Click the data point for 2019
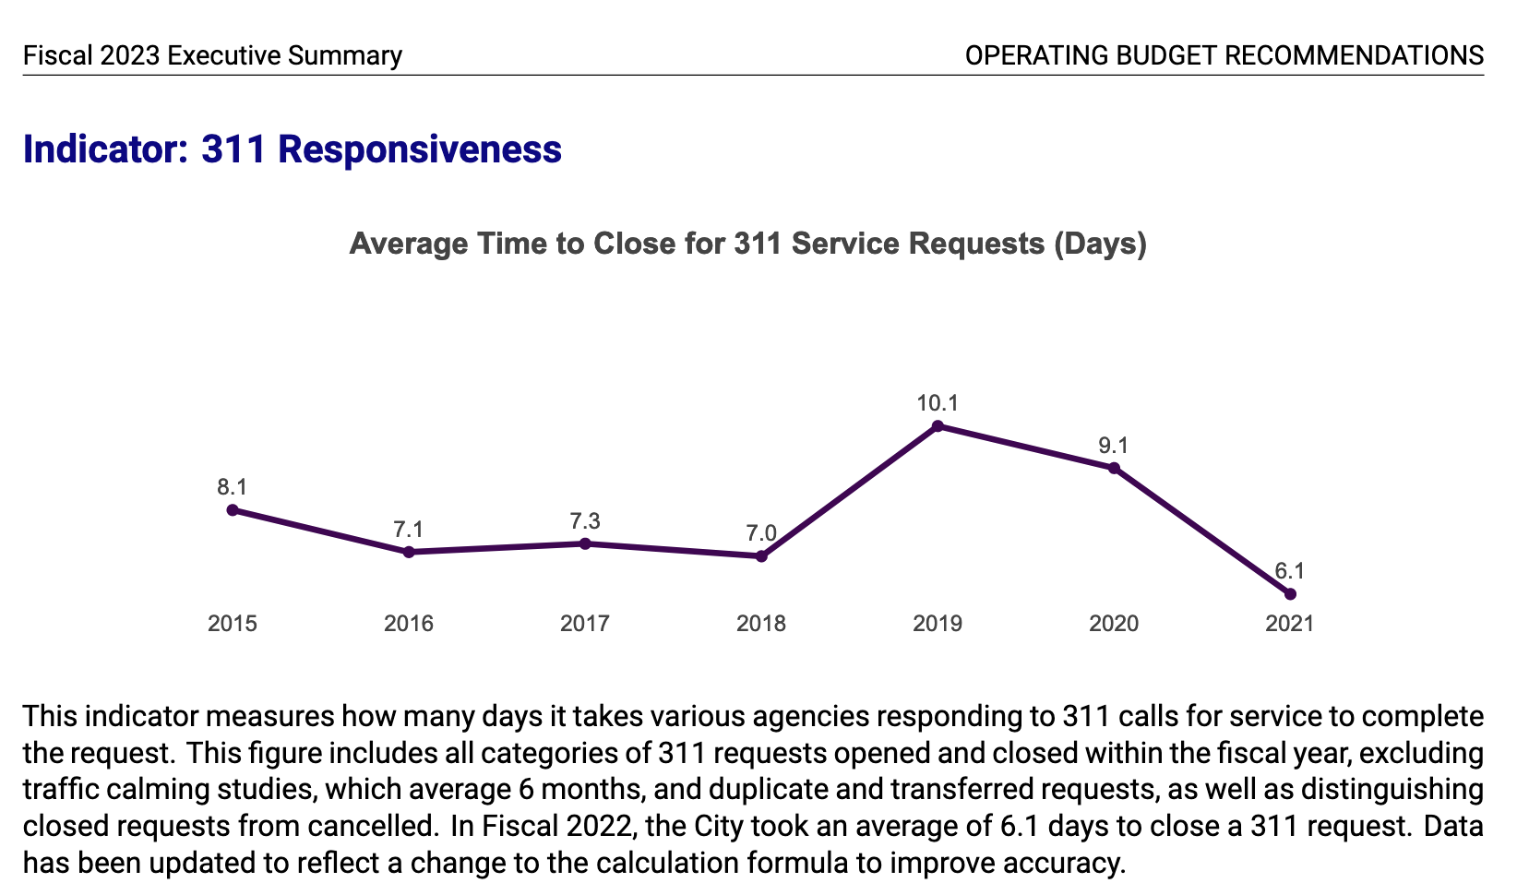coord(938,425)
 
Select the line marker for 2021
coord(1290,593)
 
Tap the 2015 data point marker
coord(233,509)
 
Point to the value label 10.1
coord(938,403)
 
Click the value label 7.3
coord(585,521)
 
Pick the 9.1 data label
coord(1114,446)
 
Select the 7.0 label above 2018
coord(761,533)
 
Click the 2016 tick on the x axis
coord(409,624)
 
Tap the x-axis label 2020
coord(1114,624)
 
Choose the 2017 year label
coord(585,624)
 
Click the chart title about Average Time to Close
coord(747,244)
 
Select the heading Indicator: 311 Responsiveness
coord(292,149)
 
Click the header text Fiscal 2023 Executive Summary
coord(212,55)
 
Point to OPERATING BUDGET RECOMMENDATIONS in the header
coord(1224,55)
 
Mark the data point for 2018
coord(761,555)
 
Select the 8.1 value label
coord(233,487)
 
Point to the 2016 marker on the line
coord(409,552)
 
